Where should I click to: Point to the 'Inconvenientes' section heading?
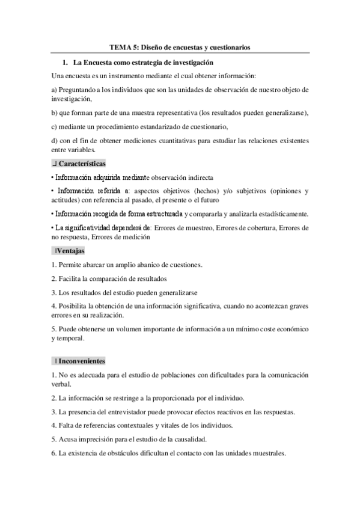[x=82, y=361]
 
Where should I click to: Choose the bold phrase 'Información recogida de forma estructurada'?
[x=118, y=214]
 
